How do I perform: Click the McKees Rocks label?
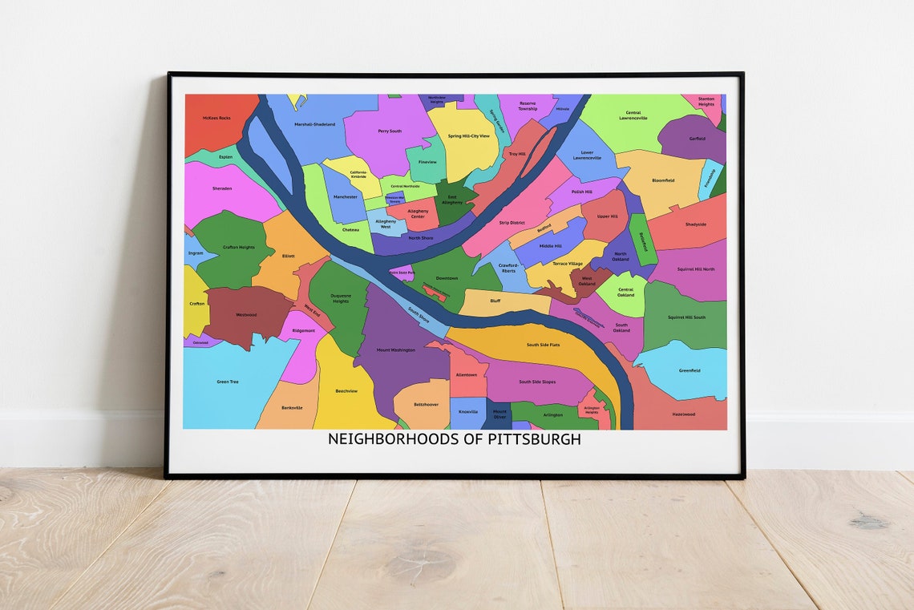(216, 118)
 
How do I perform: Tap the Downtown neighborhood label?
(447, 278)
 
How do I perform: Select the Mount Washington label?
(396, 350)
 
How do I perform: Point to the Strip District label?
(512, 223)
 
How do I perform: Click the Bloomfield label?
(663, 180)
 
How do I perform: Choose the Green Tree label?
(228, 382)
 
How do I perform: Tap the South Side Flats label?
(543, 345)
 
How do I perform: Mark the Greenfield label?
(690, 370)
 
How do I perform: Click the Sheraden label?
(222, 188)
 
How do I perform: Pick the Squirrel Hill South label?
(686, 317)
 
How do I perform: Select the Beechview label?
(346, 391)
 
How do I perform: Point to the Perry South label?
(390, 131)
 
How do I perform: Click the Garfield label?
(698, 139)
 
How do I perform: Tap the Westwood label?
(246, 315)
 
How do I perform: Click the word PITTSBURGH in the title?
(534, 440)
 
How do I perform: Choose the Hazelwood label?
(684, 414)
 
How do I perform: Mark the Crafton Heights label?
(238, 247)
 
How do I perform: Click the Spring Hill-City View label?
(468, 136)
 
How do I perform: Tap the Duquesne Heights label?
(341, 299)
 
